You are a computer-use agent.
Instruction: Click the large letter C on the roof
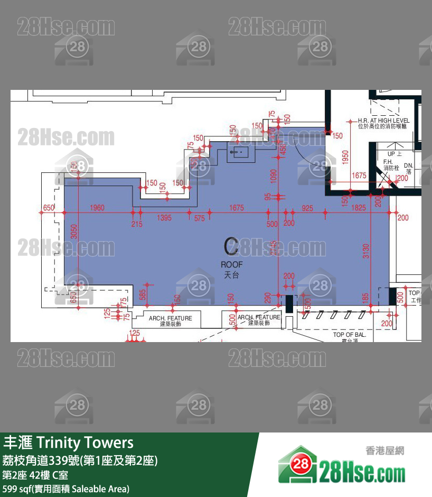[x=231, y=247]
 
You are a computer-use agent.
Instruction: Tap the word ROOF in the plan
[x=231, y=264]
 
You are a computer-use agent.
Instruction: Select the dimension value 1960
[x=97, y=208]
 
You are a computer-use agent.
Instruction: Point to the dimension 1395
[x=164, y=218]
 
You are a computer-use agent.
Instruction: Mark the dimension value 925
[x=307, y=208]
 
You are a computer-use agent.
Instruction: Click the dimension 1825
[x=358, y=208]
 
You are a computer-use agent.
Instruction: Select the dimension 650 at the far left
[x=49, y=208]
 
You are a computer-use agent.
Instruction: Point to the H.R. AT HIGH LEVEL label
[x=383, y=123]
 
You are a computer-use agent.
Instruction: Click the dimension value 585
[x=143, y=294]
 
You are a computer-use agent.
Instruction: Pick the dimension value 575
[x=199, y=218]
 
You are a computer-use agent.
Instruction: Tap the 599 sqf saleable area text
[x=65, y=489]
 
